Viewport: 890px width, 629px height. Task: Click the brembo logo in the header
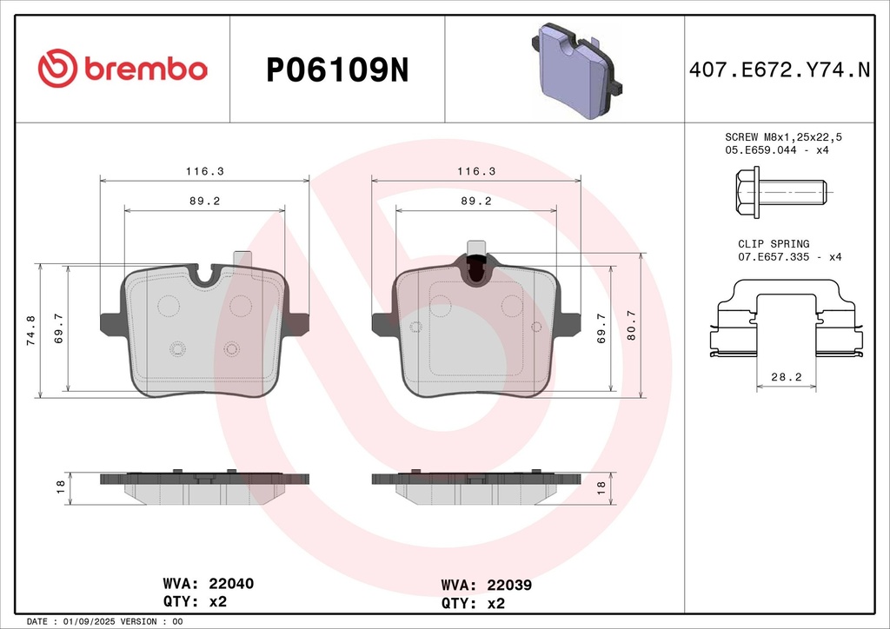pyautogui.click(x=123, y=69)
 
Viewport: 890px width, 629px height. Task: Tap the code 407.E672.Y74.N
pyautogui.click(x=780, y=70)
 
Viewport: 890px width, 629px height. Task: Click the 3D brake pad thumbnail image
pyautogui.click(x=577, y=71)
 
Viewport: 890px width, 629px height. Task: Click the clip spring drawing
pyautogui.click(x=787, y=319)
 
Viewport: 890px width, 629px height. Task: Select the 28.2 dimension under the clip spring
pyautogui.click(x=786, y=377)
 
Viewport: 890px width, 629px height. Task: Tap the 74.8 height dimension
pyautogui.click(x=30, y=331)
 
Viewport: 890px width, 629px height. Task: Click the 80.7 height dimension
pyautogui.click(x=631, y=326)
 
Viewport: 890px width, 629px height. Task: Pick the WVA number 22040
pyautogui.click(x=231, y=584)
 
